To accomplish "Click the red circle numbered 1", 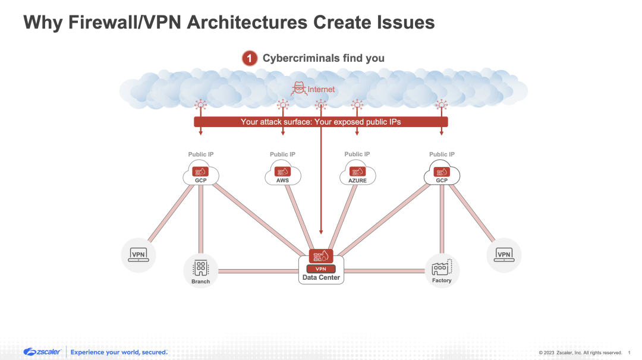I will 250,58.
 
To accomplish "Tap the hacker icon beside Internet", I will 299,89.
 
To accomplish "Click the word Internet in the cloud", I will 321,90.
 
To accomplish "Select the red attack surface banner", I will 321,122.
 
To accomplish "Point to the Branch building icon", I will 201,269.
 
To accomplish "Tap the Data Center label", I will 321,277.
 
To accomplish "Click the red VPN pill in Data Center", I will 321,269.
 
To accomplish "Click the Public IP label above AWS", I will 283,154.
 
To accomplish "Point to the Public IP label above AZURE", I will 357,154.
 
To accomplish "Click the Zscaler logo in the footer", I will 42,352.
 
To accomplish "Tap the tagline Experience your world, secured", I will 119,352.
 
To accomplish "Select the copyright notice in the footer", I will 580,353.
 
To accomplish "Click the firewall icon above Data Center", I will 321,256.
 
